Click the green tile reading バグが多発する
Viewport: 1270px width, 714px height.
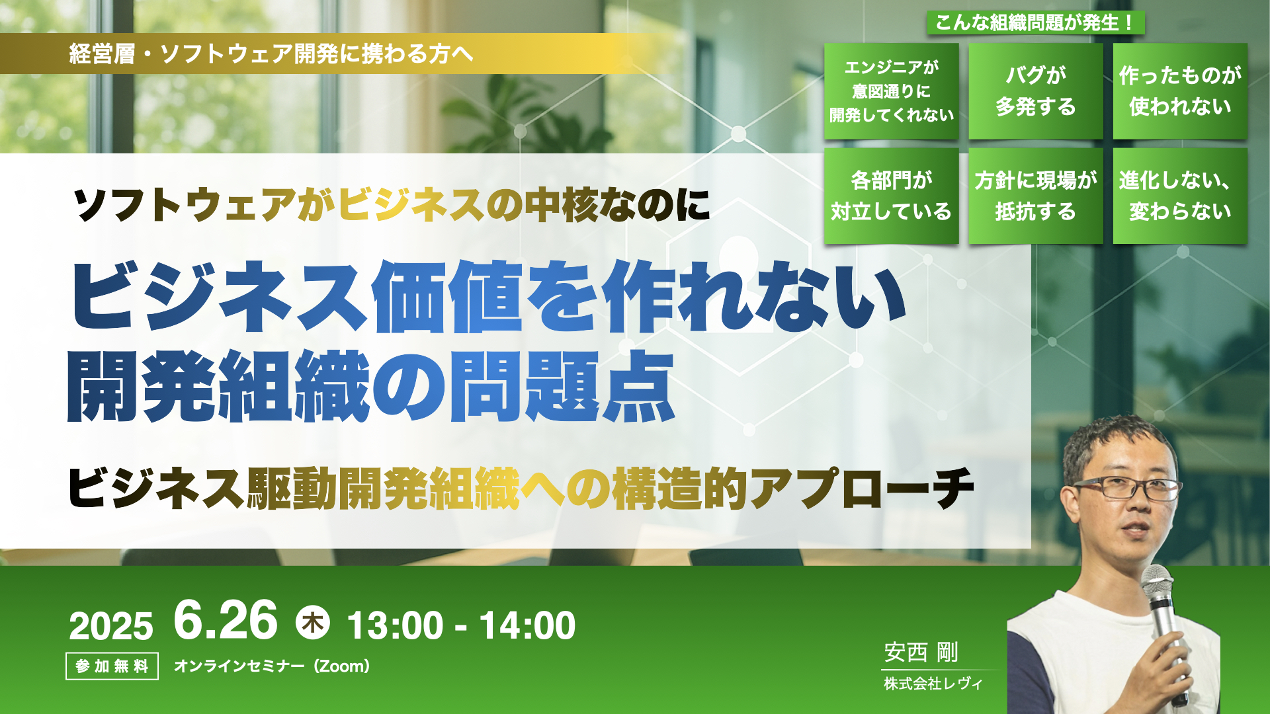click(x=1036, y=91)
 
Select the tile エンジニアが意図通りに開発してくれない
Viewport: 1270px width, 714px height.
click(x=891, y=91)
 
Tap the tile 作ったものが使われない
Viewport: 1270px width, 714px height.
click(x=1180, y=91)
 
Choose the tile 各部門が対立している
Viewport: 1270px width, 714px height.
click(x=891, y=196)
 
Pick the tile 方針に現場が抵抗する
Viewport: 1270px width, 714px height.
click(x=1036, y=196)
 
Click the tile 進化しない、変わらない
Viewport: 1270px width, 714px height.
click(x=1180, y=196)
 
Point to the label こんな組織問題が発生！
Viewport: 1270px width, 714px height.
click(x=1036, y=22)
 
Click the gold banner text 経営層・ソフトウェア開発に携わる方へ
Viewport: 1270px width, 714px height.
click(x=271, y=54)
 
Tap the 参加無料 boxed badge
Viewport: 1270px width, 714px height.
click(x=112, y=666)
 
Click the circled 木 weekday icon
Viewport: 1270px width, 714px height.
click(x=313, y=623)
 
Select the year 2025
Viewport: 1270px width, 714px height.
click(x=110, y=626)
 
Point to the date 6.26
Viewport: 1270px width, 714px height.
click(x=226, y=620)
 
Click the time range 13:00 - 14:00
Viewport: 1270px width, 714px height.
click(x=461, y=625)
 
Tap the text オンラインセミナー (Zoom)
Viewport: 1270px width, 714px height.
click(x=272, y=666)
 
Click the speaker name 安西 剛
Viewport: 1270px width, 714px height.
click(x=921, y=653)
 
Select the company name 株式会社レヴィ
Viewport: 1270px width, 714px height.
click(x=933, y=684)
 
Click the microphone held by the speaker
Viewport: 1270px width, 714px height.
click(x=1165, y=631)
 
